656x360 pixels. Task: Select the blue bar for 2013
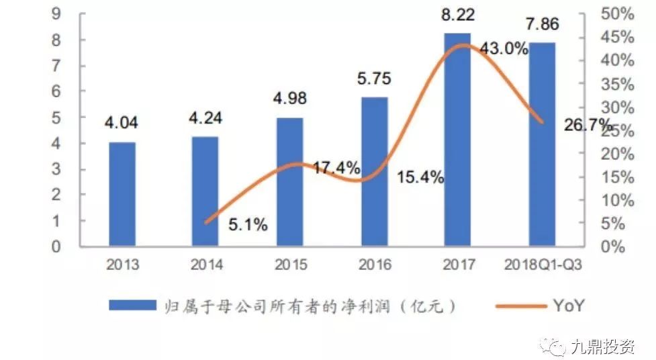click(x=122, y=193)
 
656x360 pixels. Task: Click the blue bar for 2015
click(x=289, y=181)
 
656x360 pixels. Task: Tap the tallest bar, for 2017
click(x=457, y=139)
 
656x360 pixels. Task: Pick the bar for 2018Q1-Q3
click(x=542, y=144)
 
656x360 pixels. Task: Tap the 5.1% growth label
click(x=248, y=225)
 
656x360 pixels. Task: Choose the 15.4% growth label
click(x=420, y=178)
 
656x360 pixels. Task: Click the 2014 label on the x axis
click(x=206, y=265)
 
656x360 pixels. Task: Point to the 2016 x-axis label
click(x=374, y=265)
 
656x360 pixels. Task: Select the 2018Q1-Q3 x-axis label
click(x=543, y=265)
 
